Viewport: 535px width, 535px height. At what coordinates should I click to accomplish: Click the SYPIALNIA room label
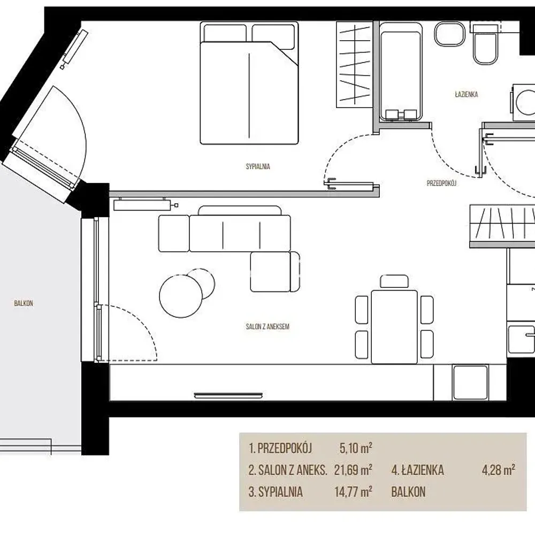(258, 166)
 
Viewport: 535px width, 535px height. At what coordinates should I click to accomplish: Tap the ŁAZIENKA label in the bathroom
(467, 95)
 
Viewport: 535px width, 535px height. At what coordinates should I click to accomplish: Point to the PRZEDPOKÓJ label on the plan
(441, 183)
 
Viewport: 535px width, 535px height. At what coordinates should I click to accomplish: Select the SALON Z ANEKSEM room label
(267, 326)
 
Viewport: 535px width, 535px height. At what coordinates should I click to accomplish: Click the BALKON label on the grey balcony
(24, 303)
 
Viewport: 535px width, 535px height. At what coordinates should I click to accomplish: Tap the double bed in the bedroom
(249, 83)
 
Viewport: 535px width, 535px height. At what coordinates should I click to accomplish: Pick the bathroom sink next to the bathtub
(449, 34)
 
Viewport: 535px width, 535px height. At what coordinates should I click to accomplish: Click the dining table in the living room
(394, 326)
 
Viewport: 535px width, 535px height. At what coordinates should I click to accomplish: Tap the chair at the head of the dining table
(394, 281)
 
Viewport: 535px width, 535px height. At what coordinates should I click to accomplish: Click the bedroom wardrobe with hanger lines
(355, 65)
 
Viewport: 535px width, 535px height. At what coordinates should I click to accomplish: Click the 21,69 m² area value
(353, 470)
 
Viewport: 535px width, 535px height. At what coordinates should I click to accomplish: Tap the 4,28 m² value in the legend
(499, 470)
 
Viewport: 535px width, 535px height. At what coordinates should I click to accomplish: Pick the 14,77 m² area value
(353, 492)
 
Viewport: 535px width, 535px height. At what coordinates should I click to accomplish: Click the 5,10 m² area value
(356, 448)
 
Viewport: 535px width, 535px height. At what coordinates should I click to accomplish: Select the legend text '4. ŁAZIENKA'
(418, 470)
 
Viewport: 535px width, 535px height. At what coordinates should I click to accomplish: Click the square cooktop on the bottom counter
(470, 383)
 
